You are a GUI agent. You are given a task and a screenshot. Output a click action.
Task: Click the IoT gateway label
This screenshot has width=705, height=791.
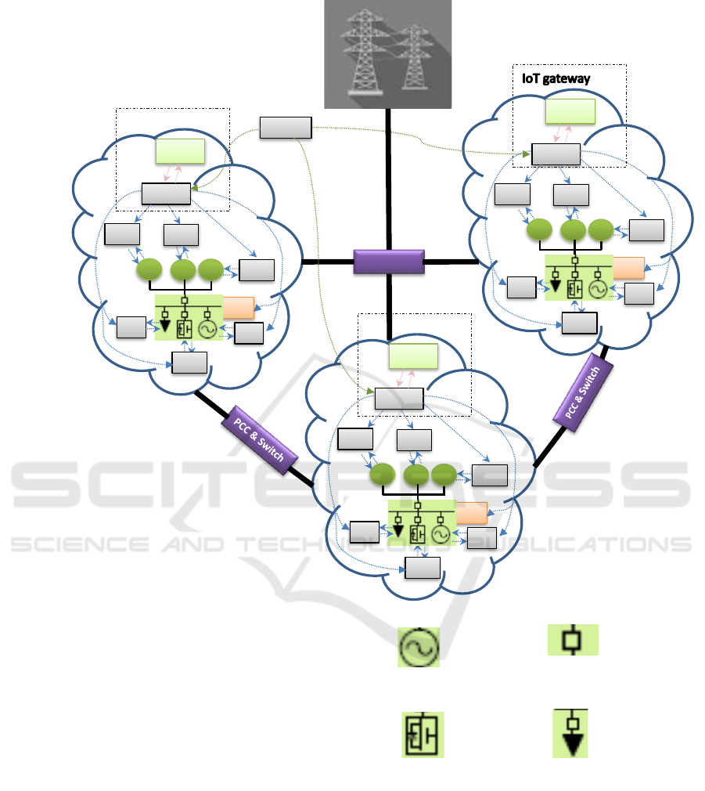(556, 79)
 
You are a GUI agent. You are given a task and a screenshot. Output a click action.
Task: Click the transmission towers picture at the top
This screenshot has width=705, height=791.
(388, 53)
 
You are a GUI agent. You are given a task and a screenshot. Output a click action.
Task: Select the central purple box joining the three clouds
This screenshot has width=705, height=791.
(389, 262)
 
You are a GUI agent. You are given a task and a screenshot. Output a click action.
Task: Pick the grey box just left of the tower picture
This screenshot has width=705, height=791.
(286, 128)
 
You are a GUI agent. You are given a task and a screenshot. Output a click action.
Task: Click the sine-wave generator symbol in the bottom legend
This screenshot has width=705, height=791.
(419, 647)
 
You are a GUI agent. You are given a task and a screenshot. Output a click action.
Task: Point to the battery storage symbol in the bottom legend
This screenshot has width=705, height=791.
(423, 735)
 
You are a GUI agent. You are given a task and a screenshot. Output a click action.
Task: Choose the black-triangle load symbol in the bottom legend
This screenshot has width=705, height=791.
(570, 734)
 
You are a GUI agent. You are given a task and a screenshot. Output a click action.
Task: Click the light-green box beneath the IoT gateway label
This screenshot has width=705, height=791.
(570, 113)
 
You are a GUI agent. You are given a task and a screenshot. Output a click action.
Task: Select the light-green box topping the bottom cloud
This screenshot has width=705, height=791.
(414, 357)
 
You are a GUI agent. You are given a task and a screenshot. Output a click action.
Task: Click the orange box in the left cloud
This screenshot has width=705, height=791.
(239, 308)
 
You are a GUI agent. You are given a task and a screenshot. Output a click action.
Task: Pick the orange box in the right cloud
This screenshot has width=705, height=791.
(628, 267)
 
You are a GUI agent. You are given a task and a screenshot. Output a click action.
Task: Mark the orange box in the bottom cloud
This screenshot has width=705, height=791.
(472, 512)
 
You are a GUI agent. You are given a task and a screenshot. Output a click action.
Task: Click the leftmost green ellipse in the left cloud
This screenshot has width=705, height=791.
(149, 271)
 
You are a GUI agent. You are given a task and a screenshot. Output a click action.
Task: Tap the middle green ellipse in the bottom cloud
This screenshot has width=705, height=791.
(416, 475)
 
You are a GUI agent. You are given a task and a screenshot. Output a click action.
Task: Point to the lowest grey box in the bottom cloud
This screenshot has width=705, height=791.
(423, 568)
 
